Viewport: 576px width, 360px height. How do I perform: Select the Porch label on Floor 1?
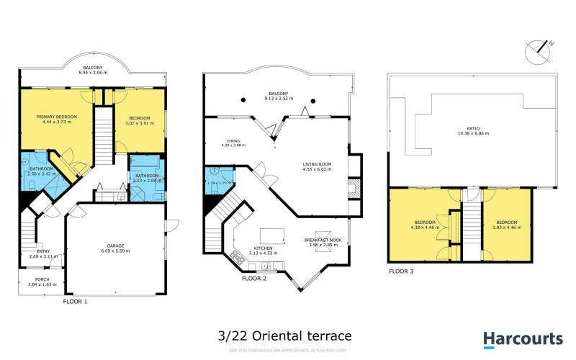pyautogui.click(x=32, y=279)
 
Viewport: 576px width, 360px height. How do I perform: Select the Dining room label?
pyautogui.click(x=233, y=141)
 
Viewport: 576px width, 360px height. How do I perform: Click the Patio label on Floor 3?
pyautogui.click(x=473, y=130)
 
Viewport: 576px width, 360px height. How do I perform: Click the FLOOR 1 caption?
pyautogui.click(x=76, y=302)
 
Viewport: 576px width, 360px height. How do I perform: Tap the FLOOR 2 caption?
pyautogui.click(x=254, y=277)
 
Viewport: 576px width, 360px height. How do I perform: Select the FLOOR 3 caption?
pyautogui.click(x=401, y=271)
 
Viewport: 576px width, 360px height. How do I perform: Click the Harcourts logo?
pyautogui.click(x=522, y=338)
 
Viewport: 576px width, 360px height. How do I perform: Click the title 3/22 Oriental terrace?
pyautogui.click(x=284, y=336)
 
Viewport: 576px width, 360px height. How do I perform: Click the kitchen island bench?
pyautogui.click(x=271, y=235)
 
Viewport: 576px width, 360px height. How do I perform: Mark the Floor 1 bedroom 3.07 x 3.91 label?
pyautogui.click(x=140, y=119)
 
